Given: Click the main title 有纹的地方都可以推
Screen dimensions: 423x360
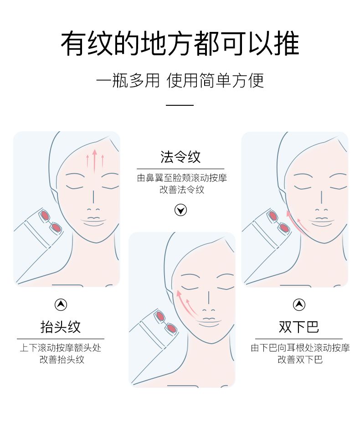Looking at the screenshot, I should pos(180,44).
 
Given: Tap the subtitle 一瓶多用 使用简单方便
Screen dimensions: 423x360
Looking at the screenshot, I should pos(180,81).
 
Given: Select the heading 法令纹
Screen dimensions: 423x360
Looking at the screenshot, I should pos(180,157).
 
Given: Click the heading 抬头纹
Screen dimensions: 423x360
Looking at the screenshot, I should pos(61,327).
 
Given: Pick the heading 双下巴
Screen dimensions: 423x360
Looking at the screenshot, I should pos(299,327).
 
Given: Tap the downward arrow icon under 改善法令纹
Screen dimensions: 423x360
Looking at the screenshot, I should pos(181,210).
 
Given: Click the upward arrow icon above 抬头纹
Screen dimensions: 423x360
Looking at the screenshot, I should pos(61,304).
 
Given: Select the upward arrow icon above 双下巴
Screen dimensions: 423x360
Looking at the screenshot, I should pos(299,304).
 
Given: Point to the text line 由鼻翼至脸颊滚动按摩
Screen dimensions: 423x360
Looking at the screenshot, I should pos(181,178).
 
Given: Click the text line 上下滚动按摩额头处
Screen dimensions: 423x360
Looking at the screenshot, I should pos(61,348).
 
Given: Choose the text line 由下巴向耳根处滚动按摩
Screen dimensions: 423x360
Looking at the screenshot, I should pos(300,348).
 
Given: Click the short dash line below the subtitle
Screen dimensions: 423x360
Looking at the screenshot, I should pos(180,105).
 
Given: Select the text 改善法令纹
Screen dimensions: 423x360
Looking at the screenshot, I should pos(181,190).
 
